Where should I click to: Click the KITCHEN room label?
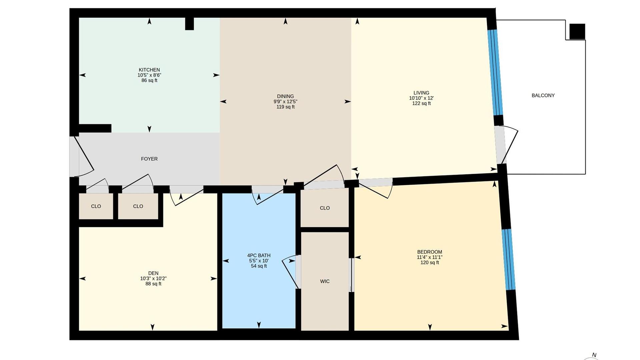pyautogui.click(x=149, y=70)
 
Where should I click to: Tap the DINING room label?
pyautogui.click(x=285, y=96)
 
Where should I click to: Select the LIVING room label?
pyautogui.click(x=421, y=93)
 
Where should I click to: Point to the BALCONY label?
pyautogui.click(x=543, y=95)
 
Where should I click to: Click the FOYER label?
pyautogui.click(x=149, y=159)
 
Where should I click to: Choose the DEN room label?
pyautogui.click(x=153, y=273)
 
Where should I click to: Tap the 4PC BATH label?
pyautogui.click(x=259, y=256)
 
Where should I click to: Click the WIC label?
pyautogui.click(x=325, y=281)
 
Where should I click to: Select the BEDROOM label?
pyautogui.click(x=430, y=252)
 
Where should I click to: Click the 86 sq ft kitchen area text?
pyautogui.click(x=149, y=80)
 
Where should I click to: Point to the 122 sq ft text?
pyautogui.click(x=421, y=103)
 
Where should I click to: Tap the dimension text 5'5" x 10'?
pyautogui.click(x=259, y=261)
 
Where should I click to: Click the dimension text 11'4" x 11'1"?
pyautogui.click(x=430, y=257)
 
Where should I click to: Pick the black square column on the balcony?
pyautogui.click(x=577, y=32)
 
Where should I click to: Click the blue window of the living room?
pyautogui.click(x=495, y=72)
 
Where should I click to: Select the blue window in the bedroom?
pyautogui.click(x=509, y=259)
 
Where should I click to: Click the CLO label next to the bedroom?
pyautogui.click(x=325, y=208)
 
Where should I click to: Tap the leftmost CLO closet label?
pyautogui.click(x=96, y=206)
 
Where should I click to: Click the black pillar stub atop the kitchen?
pyautogui.click(x=189, y=24)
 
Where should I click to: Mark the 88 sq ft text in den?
pyautogui.click(x=153, y=284)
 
